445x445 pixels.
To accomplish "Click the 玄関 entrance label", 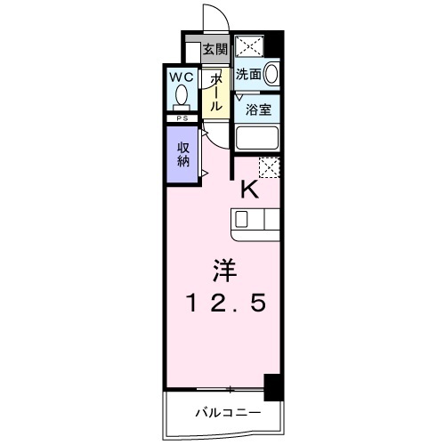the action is (x=215, y=49).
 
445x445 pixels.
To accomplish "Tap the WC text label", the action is (x=182, y=77).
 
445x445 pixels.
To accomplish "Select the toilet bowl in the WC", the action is (x=182, y=95).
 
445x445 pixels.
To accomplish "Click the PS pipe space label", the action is (x=182, y=118).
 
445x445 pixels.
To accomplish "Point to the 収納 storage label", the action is (x=183, y=154).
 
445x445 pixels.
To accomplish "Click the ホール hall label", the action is (x=216, y=93).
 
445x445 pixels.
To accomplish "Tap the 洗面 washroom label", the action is (x=248, y=74).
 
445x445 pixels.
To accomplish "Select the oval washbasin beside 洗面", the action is (x=271, y=74).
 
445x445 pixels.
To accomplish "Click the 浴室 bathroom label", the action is (x=258, y=109).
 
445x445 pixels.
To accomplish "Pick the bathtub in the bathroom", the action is (x=257, y=138).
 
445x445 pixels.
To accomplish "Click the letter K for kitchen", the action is (x=250, y=190).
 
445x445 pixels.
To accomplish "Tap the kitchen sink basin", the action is (x=241, y=220).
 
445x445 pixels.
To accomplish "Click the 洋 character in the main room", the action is (x=224, y=271).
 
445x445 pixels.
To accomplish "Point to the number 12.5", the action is (x=226, y=303).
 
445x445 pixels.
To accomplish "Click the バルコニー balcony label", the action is (x=228, y=413).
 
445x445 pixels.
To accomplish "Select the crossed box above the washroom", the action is (x=249, y=46).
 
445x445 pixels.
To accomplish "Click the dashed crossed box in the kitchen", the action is (x=270, y=167).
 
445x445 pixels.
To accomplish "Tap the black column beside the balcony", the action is (x=274, y=387).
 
